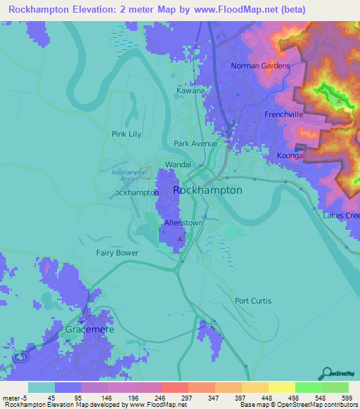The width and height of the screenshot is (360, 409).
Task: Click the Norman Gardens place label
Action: [261, 67]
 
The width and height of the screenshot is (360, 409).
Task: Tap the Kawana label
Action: [191, 91]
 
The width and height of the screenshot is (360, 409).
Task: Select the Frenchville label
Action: [284, 114]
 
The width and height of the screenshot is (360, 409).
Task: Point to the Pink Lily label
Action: [127, 134]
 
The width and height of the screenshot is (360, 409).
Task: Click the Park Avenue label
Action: [196, 143]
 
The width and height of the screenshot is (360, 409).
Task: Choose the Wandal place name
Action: [178, 164]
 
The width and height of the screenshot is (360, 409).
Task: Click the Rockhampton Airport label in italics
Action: [129, 175]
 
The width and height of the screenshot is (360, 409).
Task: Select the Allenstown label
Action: [184, 223]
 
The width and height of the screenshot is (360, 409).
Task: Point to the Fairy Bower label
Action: [117, 252]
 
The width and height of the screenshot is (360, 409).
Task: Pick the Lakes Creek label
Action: [341, 216]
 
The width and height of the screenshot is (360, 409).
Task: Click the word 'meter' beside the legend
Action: [12, 398]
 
